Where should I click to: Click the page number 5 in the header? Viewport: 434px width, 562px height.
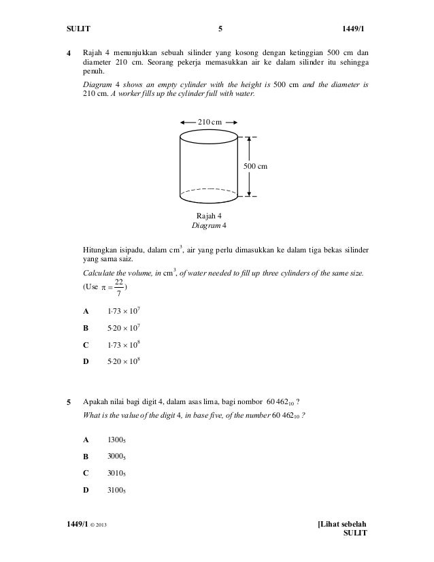pos(220,29)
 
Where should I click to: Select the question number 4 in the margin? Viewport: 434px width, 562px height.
pos(67,53)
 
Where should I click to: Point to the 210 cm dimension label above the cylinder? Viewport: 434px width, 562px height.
pos(209,121)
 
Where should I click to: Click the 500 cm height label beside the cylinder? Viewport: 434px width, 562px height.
pos(256,166)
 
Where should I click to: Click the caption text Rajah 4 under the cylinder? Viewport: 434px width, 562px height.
pos(209,216)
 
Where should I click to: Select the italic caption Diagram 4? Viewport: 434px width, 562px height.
pos(209,225)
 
